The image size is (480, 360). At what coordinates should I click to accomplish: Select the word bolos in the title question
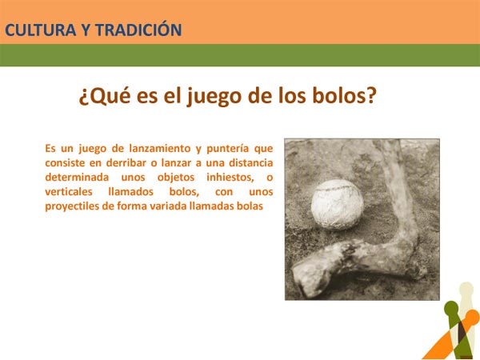pyautogui.click(x=342, y=97)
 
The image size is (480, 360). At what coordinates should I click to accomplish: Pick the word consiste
pyautogui.click(x=67, y=162)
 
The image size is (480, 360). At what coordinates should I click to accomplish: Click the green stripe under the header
pyautogui.click(x=240, y=55)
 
